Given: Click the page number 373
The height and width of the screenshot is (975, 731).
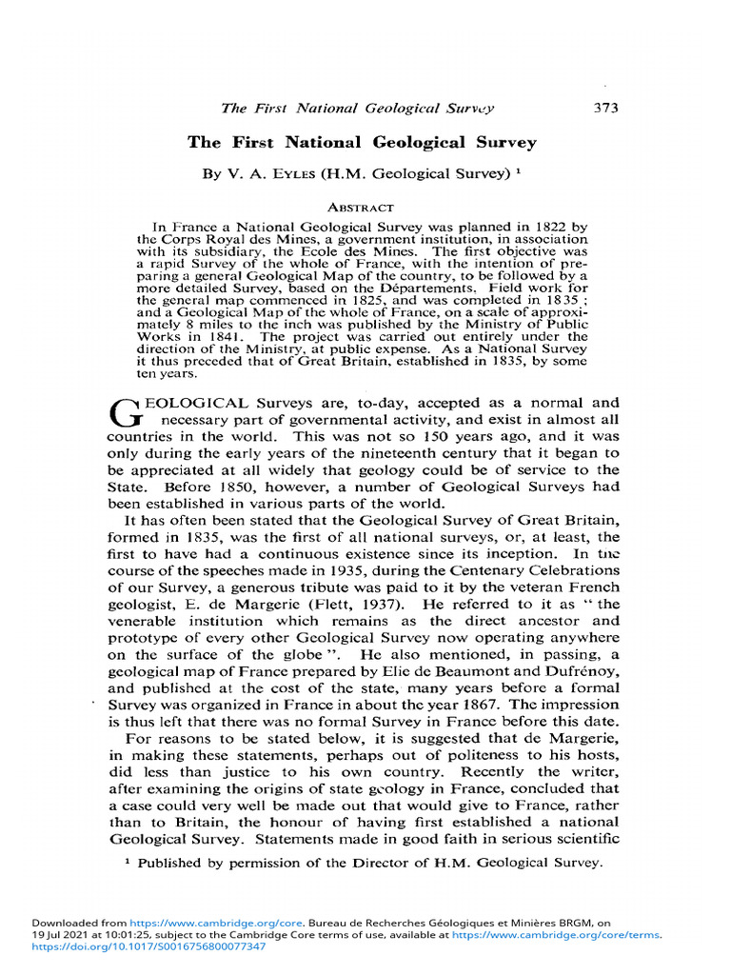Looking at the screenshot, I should (605, 108).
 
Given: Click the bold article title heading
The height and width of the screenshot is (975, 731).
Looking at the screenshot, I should (362, 143).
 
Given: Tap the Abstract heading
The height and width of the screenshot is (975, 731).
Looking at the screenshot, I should (361, 206).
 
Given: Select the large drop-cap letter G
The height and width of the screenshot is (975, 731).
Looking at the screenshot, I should (126, 411).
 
